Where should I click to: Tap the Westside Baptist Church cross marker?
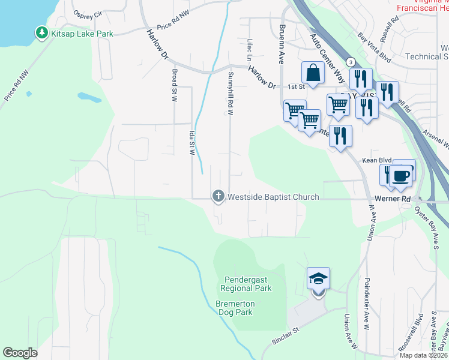pos(218,196)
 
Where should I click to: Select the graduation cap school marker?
pos(318,279)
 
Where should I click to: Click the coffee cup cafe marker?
pos(401,176)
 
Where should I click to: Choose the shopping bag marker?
pos(313,73)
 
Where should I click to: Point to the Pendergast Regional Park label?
pos(248,284)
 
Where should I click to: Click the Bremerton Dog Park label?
pos(235,308)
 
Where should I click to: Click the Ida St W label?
pos(192,142)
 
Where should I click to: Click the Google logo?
pos(20,353)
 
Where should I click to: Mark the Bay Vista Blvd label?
pos(373,48)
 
